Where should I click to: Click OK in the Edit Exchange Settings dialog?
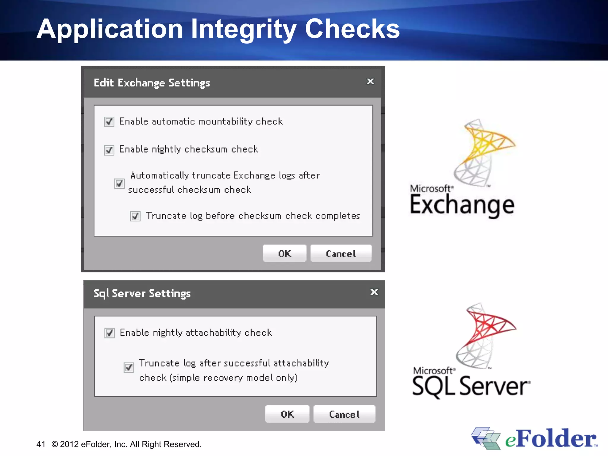284,254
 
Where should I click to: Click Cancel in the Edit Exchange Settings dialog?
341,254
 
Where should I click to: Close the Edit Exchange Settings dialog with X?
370,81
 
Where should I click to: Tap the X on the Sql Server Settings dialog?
374,292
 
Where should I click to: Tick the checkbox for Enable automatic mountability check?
109,122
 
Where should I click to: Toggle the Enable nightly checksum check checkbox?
109,150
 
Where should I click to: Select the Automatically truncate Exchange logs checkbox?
119,183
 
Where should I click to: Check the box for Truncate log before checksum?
135,216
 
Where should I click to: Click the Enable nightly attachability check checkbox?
110,333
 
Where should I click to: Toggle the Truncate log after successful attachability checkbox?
129,368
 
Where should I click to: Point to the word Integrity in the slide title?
243,29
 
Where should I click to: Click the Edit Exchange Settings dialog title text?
152,83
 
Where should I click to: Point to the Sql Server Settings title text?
142,294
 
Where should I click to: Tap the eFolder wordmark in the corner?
551,439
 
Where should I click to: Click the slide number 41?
41,444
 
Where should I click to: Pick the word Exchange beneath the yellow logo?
462,205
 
